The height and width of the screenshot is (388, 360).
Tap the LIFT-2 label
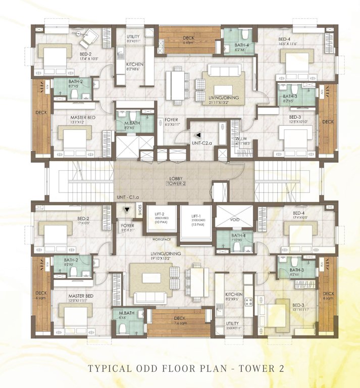[162, 214]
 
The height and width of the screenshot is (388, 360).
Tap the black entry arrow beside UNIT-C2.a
[199, 135]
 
